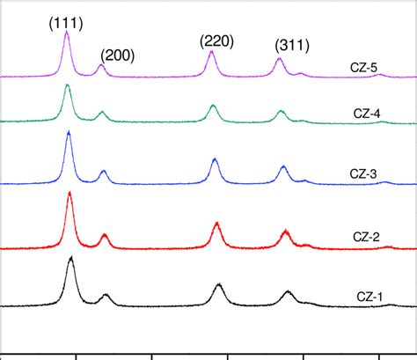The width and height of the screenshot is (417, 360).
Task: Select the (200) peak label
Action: [x=117, y=55]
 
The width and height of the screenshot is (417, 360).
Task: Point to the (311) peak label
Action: [x=290, y=45]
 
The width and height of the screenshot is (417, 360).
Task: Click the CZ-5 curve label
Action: [x=362, y=66]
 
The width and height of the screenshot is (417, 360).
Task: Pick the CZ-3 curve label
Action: [x=362, y=173]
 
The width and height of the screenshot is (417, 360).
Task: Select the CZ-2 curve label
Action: [x=362, y=236]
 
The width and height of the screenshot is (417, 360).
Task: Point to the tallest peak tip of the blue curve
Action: [x=69, y=132]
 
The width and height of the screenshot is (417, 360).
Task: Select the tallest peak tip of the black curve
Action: [x=70, y=259]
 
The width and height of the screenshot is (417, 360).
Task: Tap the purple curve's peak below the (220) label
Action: [x=211, y=53]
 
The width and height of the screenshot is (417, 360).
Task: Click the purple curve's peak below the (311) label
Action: [x=279, y=59]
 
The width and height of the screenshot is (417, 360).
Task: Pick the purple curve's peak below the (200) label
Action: [x=100, y=66]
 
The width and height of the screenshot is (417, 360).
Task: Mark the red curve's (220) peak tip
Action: [x=216, y=224]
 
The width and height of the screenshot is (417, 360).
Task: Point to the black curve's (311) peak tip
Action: [x=288, y=291]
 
